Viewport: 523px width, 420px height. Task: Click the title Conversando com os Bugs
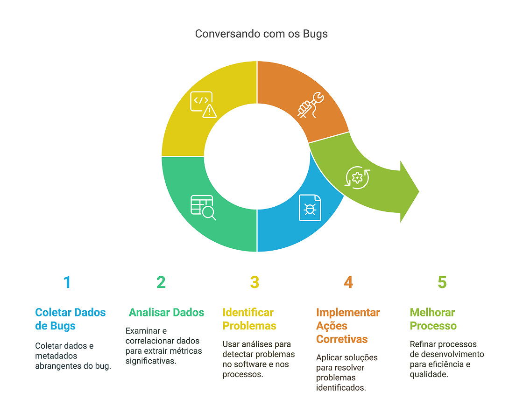261,34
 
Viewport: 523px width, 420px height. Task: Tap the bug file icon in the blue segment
310,207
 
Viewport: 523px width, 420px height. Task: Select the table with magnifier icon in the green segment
203,207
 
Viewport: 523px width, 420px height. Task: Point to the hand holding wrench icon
310,105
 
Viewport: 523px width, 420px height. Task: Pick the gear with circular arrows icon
357,177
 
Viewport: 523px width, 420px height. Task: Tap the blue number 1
67,282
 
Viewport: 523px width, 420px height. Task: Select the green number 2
161,282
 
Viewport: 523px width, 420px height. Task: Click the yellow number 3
254,282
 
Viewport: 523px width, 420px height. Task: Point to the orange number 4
348,282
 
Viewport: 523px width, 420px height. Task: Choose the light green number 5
442,282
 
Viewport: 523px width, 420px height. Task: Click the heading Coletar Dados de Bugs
70,319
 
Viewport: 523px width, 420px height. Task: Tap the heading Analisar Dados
166,312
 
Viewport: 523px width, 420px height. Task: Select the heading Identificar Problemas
249,319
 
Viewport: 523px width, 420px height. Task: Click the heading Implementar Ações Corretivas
348,325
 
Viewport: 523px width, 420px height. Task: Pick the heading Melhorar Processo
433,319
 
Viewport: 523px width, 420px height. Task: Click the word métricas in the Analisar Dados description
186,350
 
